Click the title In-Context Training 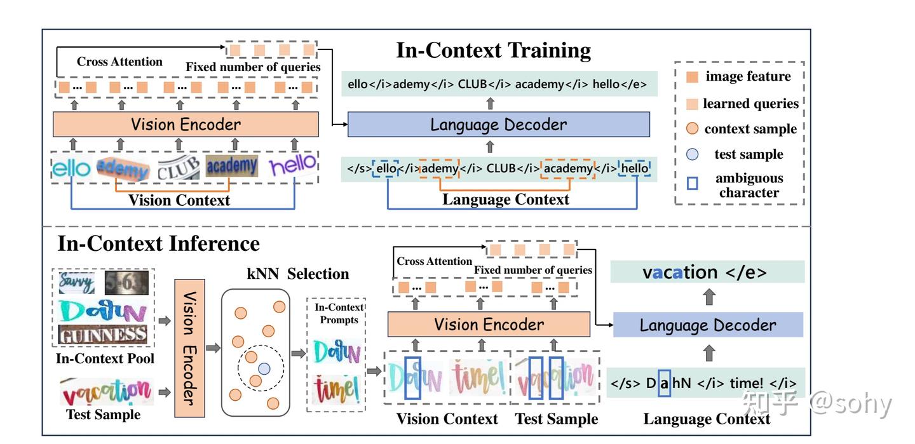493,50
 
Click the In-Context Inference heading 158,243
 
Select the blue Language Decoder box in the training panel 498,124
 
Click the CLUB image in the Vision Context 178,168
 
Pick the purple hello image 292,167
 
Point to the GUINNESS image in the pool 103,335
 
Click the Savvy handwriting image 76,283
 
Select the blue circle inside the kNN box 264,368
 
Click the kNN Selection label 297,274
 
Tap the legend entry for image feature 748,77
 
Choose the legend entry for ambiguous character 749,185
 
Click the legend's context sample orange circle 693,129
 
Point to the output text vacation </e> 704,272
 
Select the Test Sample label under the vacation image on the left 103,415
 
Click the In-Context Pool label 105,359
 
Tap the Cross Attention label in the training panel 119,62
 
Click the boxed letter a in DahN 664,384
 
